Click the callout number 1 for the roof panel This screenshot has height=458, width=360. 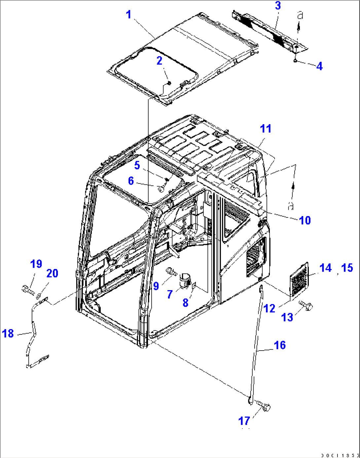129,15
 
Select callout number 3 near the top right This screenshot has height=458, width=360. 278,6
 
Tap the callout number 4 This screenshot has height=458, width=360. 319,66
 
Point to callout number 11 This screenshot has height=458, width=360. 266,129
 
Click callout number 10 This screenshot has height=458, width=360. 305,220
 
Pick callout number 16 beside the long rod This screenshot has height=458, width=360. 280,345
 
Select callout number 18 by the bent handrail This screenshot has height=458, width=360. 8,333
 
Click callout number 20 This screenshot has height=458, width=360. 52,274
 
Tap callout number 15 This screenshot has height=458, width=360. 347,268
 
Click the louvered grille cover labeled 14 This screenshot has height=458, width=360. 299,280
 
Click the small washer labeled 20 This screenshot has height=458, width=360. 39,295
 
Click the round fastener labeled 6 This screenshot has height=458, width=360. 161,189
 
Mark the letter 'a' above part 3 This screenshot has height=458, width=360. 300,15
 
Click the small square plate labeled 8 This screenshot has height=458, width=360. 195,285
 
